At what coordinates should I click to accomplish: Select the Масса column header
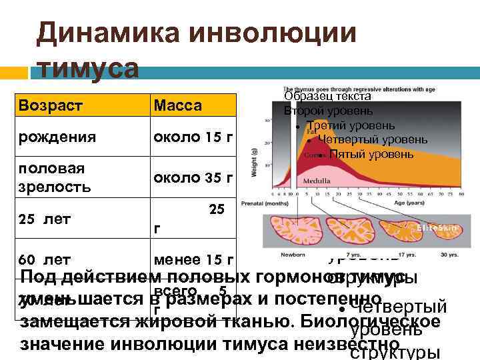(177, 106)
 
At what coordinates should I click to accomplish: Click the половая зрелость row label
(55, 177)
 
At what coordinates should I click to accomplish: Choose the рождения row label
(57, 137)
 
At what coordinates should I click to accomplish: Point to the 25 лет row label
(46, 218)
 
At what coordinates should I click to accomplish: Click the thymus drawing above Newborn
(294, 229)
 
